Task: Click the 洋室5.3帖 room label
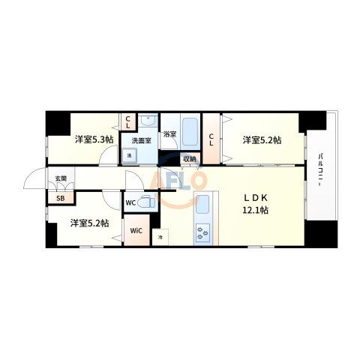click(93, 139)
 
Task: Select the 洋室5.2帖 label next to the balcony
click(261, 139)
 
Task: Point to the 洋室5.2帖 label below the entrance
click(89, 223)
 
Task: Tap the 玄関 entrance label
click(60, 178)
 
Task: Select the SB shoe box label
click(60, 199)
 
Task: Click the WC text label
click(130, 202)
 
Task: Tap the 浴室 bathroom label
click(171, 135)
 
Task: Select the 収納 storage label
click(189, 158)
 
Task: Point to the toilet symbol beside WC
click(147, 201)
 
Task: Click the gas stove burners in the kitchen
click(203, 232)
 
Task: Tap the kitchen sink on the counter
click(203, 202)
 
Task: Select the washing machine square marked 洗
click(129, 155)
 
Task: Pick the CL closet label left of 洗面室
click(128, 122)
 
